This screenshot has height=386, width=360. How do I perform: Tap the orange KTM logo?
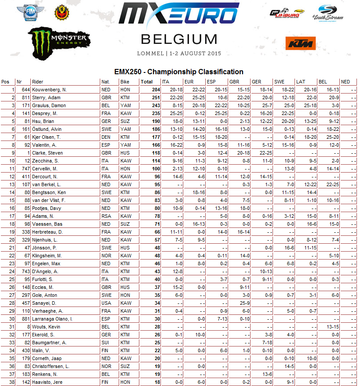301,43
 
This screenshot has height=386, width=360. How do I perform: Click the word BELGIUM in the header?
179,39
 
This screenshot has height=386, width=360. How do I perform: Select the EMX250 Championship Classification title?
179,72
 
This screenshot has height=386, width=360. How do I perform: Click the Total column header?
147,82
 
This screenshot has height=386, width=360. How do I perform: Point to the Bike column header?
125,82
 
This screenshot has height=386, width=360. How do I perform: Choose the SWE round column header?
279,82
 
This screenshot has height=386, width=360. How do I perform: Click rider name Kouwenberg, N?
49,90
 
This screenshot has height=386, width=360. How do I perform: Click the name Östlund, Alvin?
47,129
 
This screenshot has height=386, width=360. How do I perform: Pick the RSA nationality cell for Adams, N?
105,216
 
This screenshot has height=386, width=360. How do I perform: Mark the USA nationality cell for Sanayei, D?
105,303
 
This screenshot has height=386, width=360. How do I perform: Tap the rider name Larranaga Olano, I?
52,319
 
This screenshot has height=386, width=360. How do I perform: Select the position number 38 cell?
6,382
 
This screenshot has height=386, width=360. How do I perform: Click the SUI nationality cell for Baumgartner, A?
105,343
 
